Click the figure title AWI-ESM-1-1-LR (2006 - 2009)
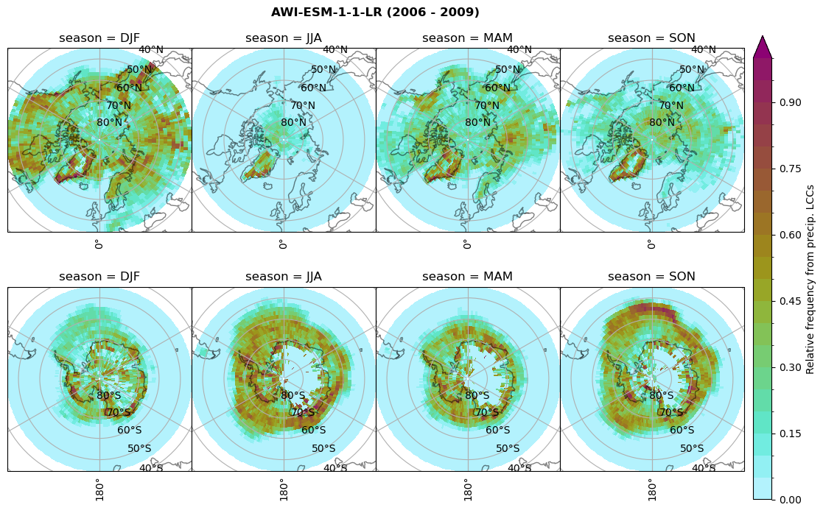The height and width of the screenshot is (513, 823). coord(375,13)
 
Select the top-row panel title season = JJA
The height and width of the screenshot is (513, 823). coord(284,38)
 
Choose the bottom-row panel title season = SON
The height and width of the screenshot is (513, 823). coord(651,277)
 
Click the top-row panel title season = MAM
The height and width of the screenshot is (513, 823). coord(467,38)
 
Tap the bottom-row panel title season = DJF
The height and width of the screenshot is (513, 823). coord(99,277)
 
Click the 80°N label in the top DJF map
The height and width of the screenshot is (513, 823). coord(109,123)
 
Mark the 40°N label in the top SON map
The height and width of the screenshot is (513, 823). coord(703,50)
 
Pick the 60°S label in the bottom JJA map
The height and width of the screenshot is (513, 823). coord(314,431)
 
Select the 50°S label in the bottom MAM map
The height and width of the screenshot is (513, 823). coord(508,448)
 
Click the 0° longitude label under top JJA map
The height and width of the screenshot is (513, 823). coord(283,244)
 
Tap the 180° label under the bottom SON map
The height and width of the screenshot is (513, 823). coord(651,489)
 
